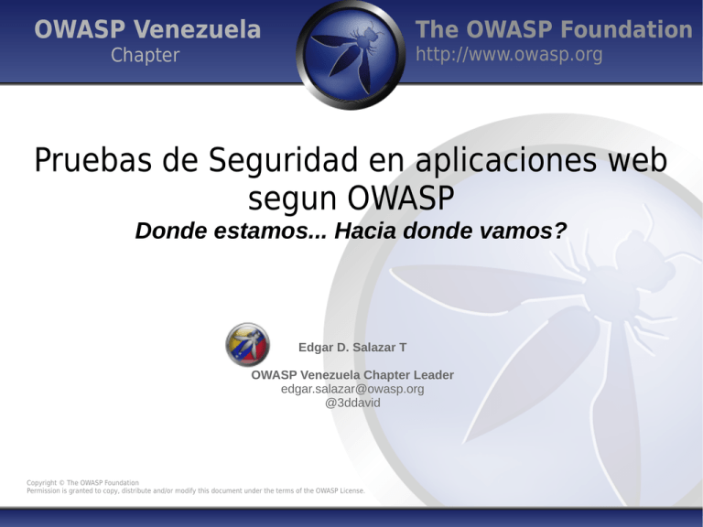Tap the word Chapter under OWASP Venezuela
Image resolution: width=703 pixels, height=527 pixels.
(146, 56)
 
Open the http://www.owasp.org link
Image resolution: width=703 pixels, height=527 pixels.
(509, 56)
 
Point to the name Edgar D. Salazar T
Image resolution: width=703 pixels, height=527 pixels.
(352, 348)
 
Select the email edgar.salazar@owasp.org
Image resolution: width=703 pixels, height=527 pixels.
(352, 389)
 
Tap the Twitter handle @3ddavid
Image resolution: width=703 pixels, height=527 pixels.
(352, 402)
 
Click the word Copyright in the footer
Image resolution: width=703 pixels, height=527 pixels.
(43, 482)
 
